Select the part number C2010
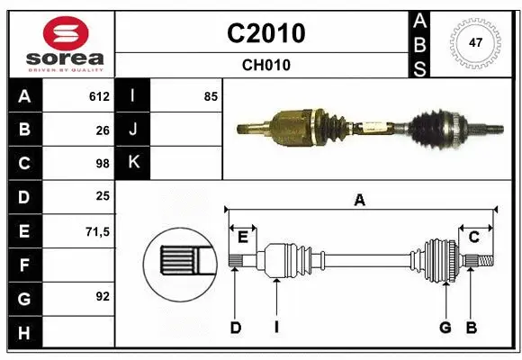point(265,33)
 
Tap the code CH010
point(265,65)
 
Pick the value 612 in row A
point(99,96)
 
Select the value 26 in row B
point(103,130)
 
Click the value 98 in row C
point(103,164)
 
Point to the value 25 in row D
point(103,197)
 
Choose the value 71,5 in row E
point(97,231)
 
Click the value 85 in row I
point(211,96)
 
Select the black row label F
point(25,265)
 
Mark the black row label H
point(25,333)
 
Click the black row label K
point(133,164)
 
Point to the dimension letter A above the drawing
point(360,201)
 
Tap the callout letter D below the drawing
point(235,328)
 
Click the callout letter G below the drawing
point(445,328)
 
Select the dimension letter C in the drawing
point(474,238)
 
